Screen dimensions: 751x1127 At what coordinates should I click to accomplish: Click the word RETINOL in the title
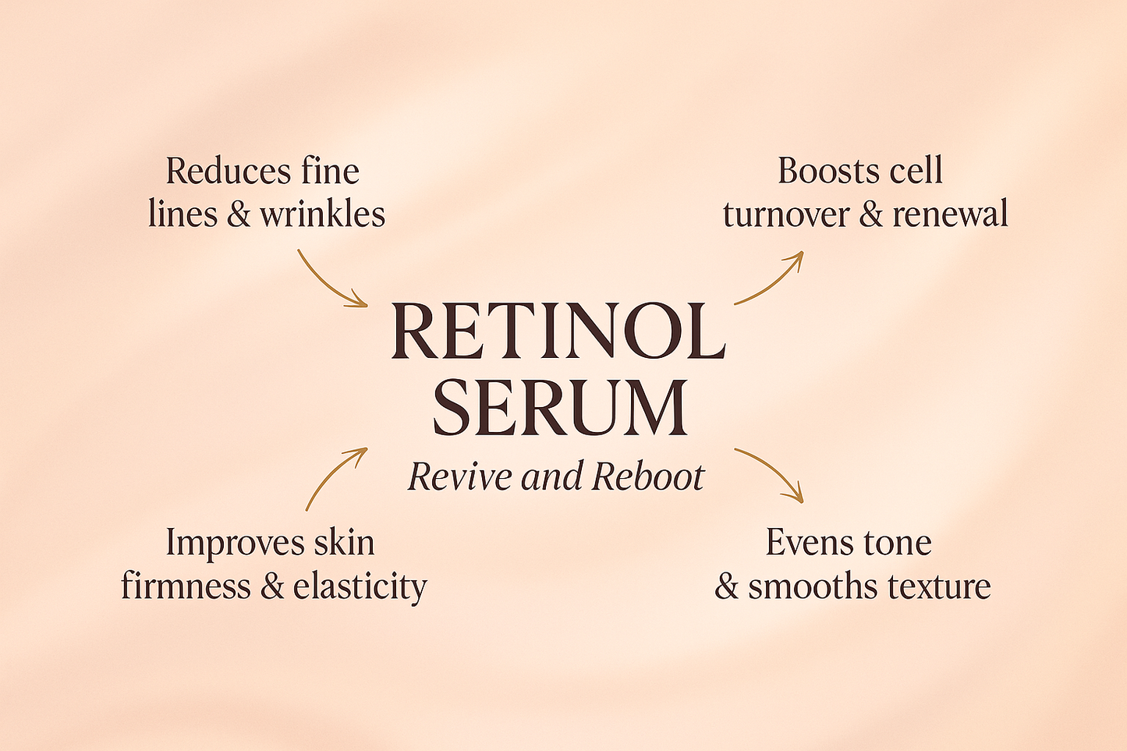[x=558, y=331]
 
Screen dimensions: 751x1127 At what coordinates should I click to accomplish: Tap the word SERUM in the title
[x=560, y=407]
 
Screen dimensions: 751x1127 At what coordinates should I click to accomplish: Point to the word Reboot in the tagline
[x=647, y=476]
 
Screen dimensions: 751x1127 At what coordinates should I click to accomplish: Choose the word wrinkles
[x=322, y=214]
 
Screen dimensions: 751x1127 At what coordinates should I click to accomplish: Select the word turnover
[x=785, y=214]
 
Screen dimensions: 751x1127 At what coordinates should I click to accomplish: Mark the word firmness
[x=186, y=586]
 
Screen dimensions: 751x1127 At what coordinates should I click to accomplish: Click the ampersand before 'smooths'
[x=726, y=587]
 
